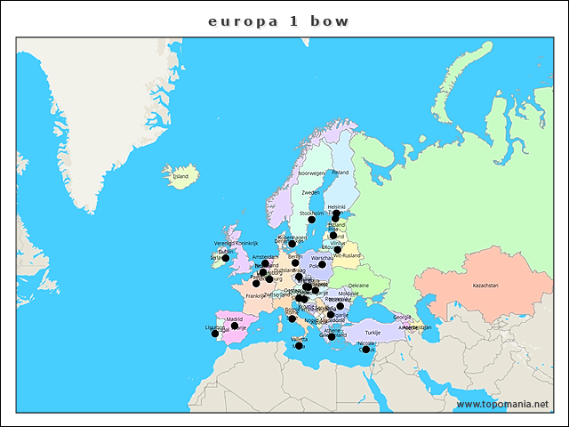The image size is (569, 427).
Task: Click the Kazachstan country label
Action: [485, 286]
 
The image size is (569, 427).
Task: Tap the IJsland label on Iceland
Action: [180, 176]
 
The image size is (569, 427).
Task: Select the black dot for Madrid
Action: [235, 326]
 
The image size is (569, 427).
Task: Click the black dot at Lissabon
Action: [214, 334]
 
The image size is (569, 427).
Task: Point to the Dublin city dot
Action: [225, 259]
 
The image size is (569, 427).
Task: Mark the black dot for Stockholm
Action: [312, 220]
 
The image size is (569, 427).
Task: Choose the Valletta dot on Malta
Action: [299, 346]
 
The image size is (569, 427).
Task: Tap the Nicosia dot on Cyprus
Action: [365, 350]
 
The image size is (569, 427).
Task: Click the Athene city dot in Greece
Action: [332, 337]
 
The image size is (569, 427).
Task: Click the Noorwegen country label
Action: [312, 173]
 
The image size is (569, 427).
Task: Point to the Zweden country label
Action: [310, 192]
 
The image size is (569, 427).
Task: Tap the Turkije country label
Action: [373, 332]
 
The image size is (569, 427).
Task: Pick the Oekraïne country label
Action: [358, 285]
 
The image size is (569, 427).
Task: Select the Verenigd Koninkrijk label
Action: [236, 243]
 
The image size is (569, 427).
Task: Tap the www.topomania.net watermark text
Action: [502, 405]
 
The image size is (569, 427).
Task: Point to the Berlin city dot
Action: [295, 262]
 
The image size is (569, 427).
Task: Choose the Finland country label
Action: [341, 173]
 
